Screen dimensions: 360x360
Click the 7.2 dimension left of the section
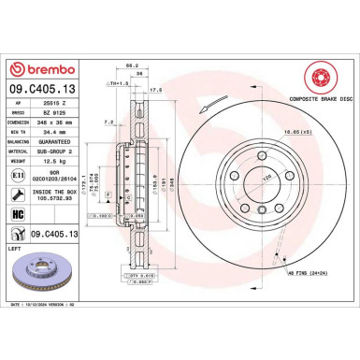(x=108, y=122)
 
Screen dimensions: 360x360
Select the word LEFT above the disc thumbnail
(x=14, y=249)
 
